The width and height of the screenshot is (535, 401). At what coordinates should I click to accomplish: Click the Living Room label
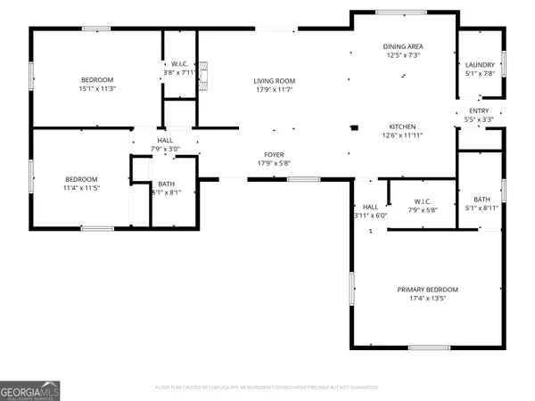point(274,81)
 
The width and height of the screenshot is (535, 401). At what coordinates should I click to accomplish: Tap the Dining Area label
point(402,46)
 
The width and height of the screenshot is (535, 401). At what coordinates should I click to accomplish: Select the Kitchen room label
point(402,127)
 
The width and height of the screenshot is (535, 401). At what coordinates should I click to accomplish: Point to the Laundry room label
point(480,65)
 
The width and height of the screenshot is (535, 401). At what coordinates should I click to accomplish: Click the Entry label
point(480,110)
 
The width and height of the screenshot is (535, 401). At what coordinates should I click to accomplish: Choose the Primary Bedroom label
point(427,290)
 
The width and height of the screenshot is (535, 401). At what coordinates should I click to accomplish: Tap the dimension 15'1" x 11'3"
point(98,89)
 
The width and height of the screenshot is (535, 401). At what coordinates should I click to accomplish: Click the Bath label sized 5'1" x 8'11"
point(481,200)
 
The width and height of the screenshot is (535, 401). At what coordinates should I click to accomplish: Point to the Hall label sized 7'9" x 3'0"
point(166,140)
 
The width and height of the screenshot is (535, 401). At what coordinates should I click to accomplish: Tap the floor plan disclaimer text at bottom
point(267,388)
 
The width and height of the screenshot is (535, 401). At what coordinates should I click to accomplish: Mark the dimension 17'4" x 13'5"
point(427,299)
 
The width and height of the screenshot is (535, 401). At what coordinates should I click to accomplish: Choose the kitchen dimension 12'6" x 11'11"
point(402,135)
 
